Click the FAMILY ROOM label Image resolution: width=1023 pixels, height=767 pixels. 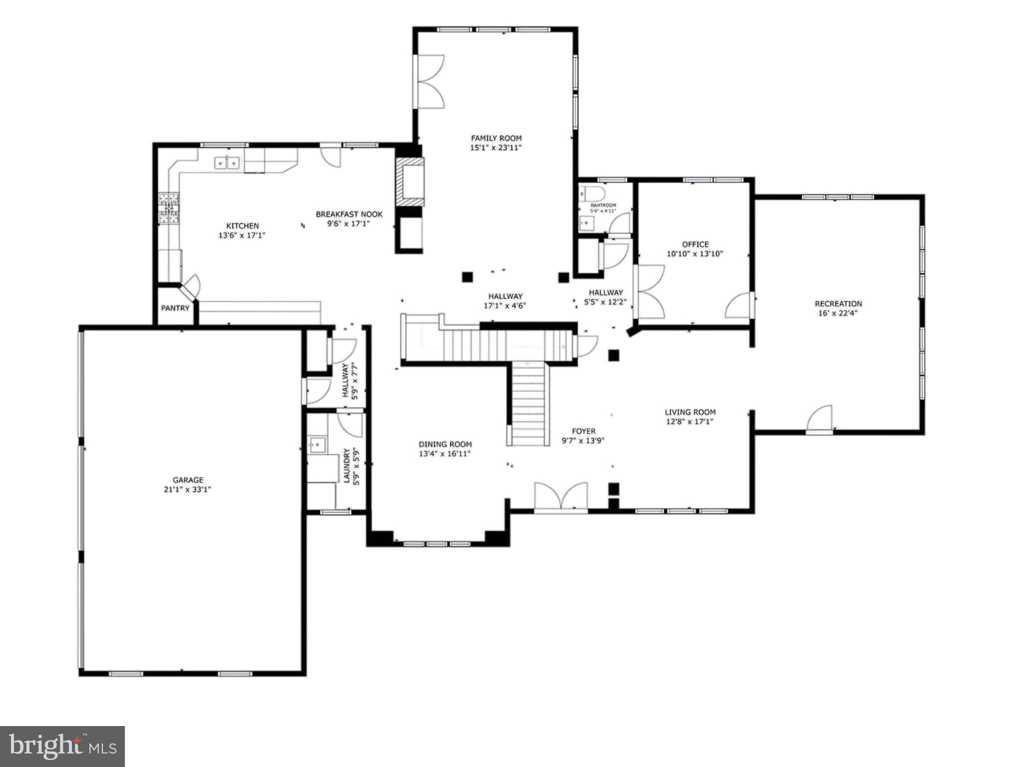click(496, 138)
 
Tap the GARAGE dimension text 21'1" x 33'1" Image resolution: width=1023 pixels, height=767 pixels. click(187, 489)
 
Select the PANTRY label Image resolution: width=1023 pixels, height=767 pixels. click(175, 308)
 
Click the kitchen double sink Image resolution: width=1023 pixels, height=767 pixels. click(227, 163)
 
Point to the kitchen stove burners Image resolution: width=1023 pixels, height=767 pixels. click(168, 208)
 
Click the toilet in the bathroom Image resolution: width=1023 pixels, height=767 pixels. click(592, 193)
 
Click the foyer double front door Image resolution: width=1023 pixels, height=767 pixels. click(560, 496)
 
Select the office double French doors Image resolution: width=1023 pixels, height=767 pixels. click(649, 292)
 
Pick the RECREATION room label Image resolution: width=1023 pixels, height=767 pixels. click(838, 304)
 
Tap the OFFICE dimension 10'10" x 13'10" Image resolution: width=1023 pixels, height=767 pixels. click(695, 254)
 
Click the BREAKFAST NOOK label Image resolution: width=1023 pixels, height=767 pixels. click(349, 214)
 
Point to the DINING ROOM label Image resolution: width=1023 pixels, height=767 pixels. click(445, 444)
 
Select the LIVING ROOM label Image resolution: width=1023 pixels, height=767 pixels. click(689, 412)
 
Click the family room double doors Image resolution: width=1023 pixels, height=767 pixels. click(429, 82)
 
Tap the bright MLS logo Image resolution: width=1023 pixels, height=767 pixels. click(62, 747)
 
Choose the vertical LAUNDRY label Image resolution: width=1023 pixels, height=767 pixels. click(346, 465)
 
